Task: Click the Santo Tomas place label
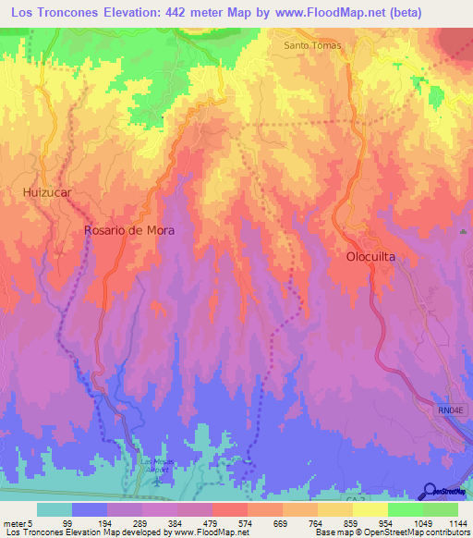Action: click(x=312, y=45)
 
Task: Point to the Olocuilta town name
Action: click(x=376, y=258)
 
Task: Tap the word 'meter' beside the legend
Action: click(x=17, y=522)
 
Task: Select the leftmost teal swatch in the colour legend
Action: click(x=55, y=509)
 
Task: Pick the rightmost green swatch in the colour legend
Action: click(x=441, y=509)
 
